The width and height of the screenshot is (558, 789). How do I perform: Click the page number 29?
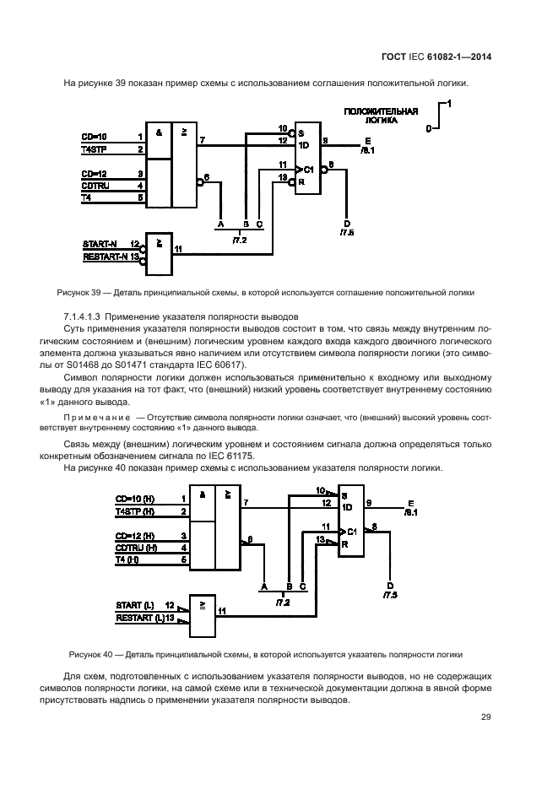click(x=485, y=717)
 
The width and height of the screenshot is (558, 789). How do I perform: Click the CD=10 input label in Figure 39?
click(x=94, y=136)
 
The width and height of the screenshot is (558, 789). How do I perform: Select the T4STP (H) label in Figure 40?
click(x=135, y=511)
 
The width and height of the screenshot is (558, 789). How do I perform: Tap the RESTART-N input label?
click(x=105, y=257)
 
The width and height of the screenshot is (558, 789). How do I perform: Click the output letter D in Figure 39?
click(x=347, y=222)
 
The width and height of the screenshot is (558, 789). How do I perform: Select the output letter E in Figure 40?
click(x=410, y=500)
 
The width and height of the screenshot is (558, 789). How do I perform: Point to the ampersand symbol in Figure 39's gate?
click(x=158, y=132)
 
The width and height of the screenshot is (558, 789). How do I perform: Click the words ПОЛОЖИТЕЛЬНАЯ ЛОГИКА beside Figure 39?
click(x=381, y=116)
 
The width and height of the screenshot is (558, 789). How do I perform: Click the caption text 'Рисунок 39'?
click(x=78, y=293)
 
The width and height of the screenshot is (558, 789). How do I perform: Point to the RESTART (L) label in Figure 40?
click(x=139, y=619)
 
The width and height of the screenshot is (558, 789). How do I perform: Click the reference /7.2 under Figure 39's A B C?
click(x=239, y=240)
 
